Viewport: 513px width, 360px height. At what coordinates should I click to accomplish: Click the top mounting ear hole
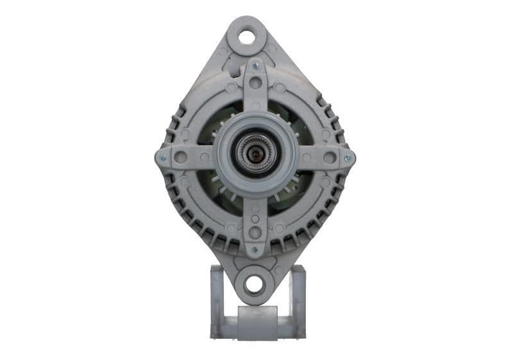(247, 37)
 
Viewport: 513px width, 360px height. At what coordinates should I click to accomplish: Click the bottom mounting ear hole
(254, 283)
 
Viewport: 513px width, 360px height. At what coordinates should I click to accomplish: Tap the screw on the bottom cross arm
(255, 250)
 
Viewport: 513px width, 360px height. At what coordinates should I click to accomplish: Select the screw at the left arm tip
(162, 157)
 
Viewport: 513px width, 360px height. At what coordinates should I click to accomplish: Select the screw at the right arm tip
(348, 157)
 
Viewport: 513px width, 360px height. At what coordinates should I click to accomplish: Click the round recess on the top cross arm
(255, 83)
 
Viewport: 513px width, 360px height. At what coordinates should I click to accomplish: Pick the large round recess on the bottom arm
(255, 232)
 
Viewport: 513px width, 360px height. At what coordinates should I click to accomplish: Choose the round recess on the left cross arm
(181, 157)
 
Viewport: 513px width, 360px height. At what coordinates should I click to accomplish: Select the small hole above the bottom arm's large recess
(255, 218)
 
